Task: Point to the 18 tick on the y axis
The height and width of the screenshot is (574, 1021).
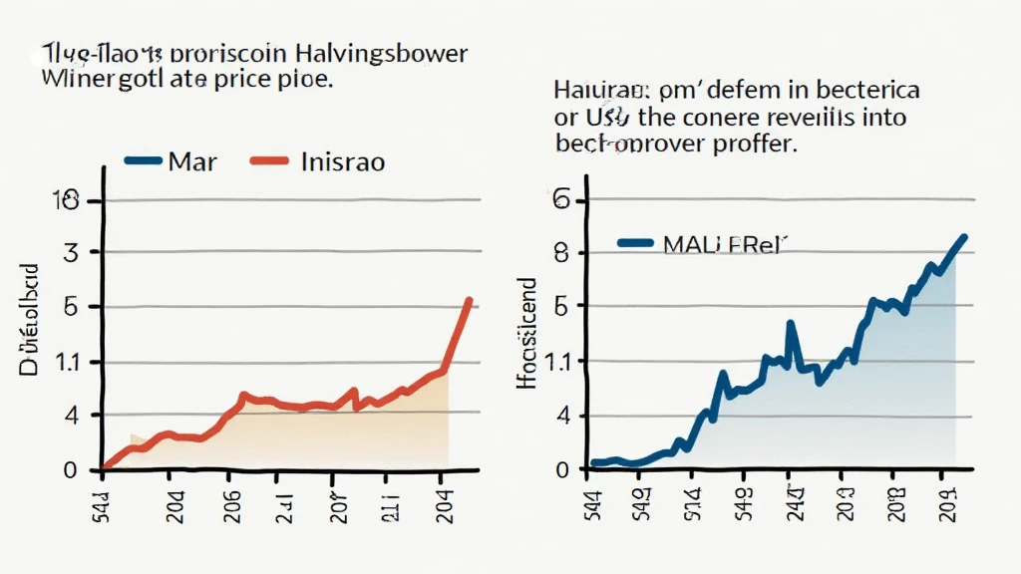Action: tap(69, 201)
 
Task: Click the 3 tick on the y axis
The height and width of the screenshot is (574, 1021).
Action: tap(70, 253)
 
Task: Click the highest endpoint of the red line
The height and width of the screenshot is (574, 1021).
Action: tap(469, 300)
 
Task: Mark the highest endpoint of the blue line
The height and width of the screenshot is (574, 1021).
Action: tap(964, 236)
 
